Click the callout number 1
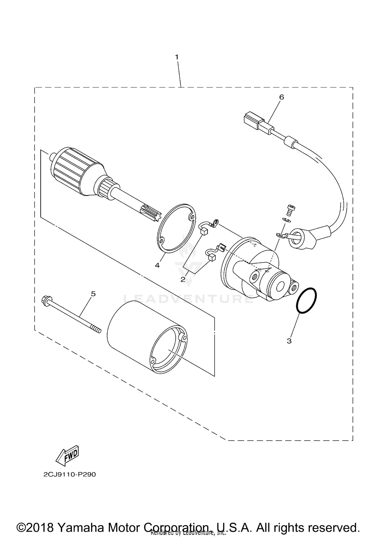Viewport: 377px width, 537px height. pos(177,57)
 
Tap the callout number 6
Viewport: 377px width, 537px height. pos(281,97)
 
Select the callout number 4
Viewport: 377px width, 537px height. pos(157,265)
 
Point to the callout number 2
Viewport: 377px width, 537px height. pos(183,279)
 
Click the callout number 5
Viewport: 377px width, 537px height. pos(93,294)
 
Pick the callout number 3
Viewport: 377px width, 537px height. pos(289,341)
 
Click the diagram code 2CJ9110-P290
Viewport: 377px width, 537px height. pos(70,475)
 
